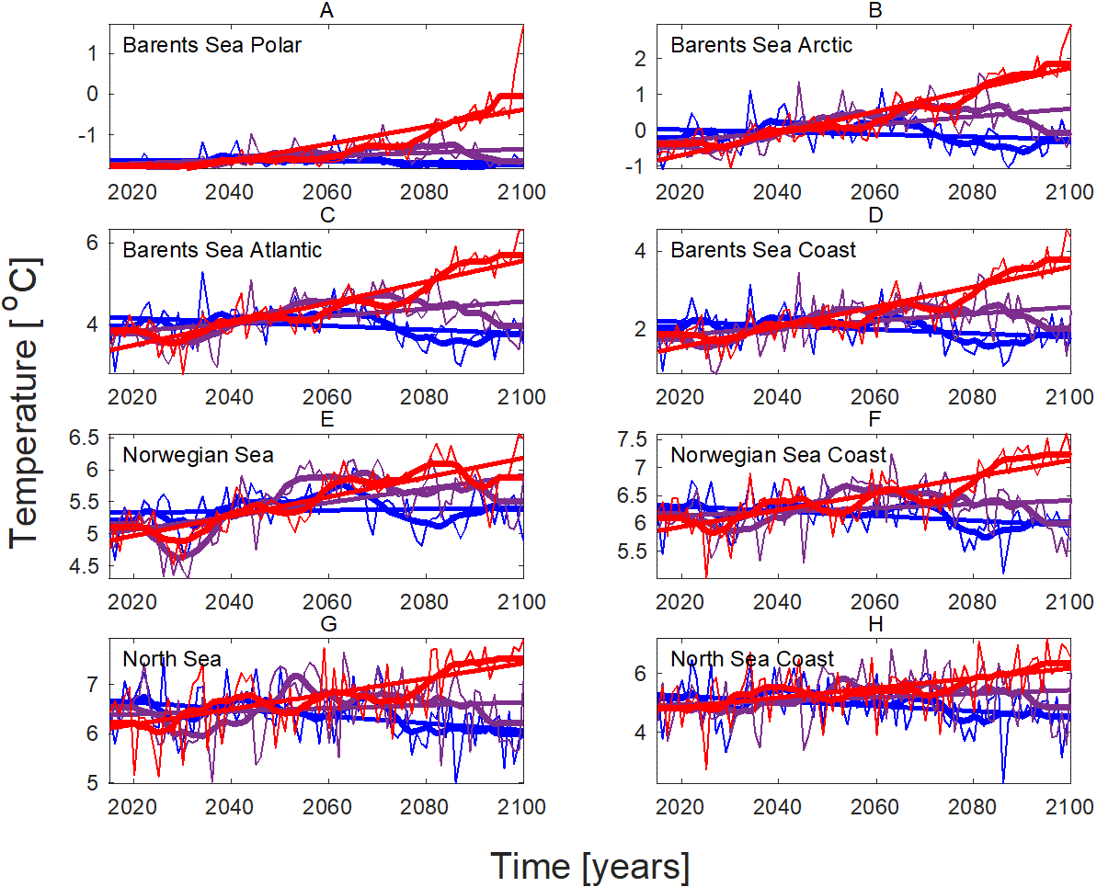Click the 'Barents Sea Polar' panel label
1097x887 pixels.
[x=211, y=44]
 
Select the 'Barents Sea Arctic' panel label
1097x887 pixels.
[x=761, y=44]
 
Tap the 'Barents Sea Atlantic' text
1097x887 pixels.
[x=223, y=249]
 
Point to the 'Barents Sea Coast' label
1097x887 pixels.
[x=763, y=249]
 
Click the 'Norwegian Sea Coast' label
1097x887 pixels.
[x=778, y=454]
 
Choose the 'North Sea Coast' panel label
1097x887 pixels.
[x=752, y=659]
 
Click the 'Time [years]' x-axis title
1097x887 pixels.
[x=588, y=866]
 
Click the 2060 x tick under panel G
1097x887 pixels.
[x=327, y=806]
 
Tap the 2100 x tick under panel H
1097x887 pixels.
[x=1068, y=806]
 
